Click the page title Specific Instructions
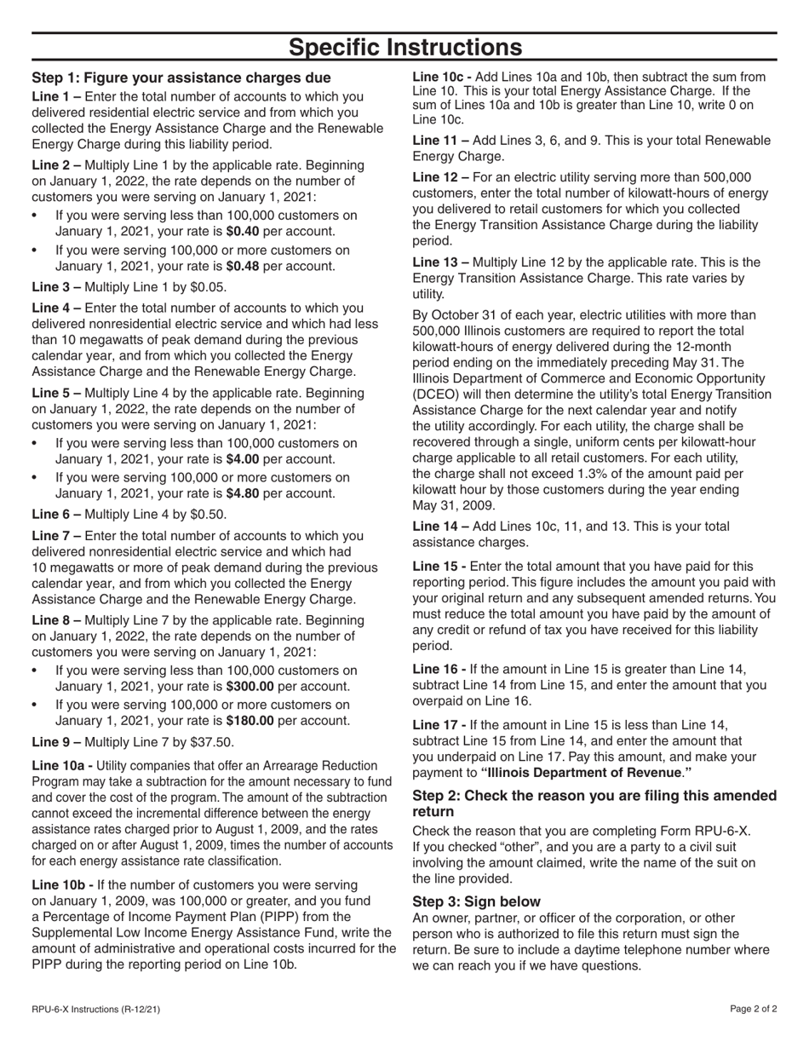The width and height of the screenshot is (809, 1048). point(404,47)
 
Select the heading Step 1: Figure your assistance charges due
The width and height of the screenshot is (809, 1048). point(181,78)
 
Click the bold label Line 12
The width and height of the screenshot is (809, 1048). point(439,177)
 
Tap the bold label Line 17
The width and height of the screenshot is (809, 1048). point(439,725)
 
